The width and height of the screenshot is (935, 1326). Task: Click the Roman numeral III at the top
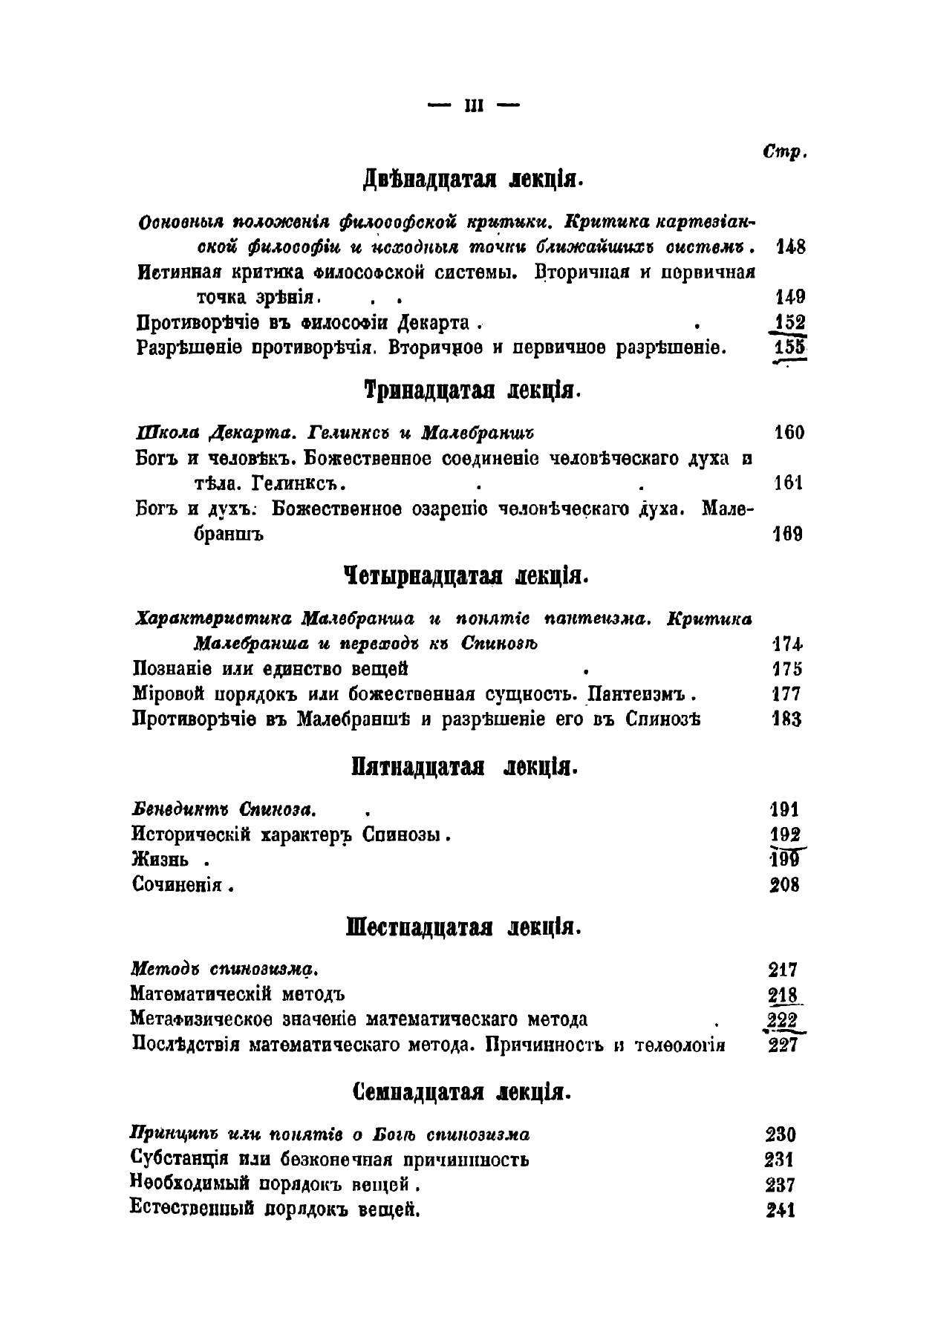474,106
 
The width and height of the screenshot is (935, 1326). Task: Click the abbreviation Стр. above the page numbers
783,152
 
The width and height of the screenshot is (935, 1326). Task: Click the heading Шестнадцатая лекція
463,927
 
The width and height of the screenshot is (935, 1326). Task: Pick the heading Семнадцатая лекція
462,1093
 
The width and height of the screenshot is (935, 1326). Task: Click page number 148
790,247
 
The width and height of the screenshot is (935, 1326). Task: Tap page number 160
789,433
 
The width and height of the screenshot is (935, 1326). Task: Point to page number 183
786,719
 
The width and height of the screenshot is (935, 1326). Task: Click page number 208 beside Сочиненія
784,885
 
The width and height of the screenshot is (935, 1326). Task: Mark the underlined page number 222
783,1020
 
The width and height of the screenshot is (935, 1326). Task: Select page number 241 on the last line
780,1210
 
